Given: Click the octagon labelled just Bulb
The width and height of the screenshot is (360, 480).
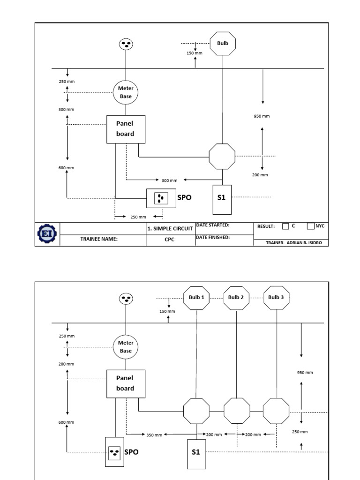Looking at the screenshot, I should coord(222,44).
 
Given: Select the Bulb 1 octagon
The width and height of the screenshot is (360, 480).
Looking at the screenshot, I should coord(196,298).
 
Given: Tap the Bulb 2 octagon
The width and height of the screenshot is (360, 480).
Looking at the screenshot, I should coord(236,298).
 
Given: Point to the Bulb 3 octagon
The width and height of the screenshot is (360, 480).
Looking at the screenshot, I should coord(276,298).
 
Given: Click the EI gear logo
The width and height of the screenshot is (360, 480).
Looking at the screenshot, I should coord(46,233).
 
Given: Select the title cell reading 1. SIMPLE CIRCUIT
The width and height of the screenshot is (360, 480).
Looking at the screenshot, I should coord(170,228).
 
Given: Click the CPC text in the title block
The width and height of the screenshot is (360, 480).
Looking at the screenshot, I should coord(170,239).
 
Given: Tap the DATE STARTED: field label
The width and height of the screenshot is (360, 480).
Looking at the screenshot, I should coord(212,225).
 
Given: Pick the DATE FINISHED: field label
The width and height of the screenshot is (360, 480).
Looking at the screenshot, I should coord(213,237).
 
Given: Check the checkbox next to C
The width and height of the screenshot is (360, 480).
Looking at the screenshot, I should coord(285,226).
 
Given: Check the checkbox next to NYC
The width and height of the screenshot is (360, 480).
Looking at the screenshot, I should coord(310,226).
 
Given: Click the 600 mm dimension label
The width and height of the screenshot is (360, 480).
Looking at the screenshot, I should coord(66,422).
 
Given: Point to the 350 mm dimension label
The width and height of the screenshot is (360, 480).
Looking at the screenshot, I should coord(154,435).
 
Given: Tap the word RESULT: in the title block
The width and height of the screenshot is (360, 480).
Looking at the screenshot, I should coord(266,226).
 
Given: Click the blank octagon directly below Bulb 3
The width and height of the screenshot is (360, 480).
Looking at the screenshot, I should coord(276,411).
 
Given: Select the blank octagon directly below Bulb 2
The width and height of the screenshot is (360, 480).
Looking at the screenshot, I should coord(237,411).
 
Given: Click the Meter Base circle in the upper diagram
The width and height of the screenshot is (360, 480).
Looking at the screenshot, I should coord(126,92).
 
